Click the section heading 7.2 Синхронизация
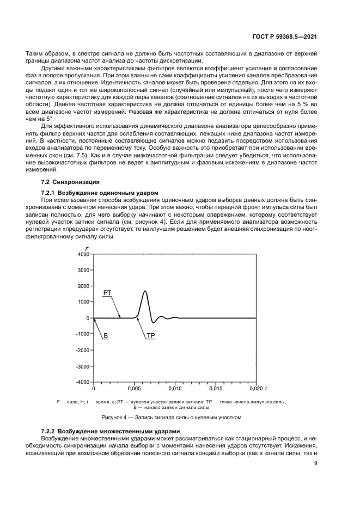[69, 181]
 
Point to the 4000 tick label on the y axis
[83, 254]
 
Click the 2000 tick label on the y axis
[83, 286]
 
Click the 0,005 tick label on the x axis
[134, 390]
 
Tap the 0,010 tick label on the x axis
[175, 390]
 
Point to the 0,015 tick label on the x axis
[215, 390]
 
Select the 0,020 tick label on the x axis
[255, 390]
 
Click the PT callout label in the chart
[107, 293]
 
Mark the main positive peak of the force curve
[145, 291]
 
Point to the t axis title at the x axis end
[266, 390]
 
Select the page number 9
[316, 464]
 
